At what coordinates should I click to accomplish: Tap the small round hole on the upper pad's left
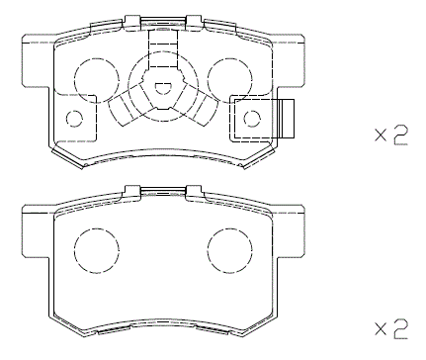pyautogui.click(x=73, y=119)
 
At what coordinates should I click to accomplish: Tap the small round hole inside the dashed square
pyautogui.click(x=251, y=119)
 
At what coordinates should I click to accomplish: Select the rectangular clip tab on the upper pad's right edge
pyautogui.click(x=288, y=118)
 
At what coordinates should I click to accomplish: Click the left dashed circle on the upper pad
pyautogui.click(x=95, y=73)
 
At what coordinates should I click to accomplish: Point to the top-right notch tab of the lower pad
pyautogui.click(x=192, y=191)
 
